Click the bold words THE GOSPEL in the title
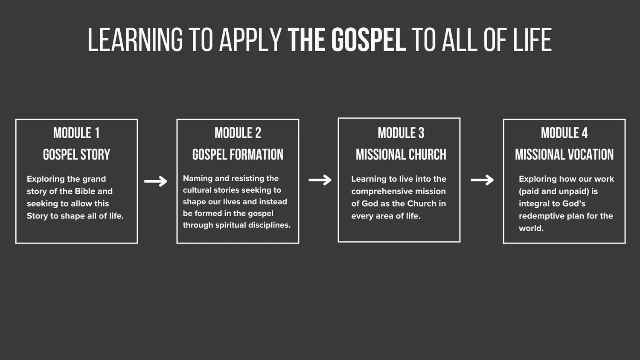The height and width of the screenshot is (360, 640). point(346,40)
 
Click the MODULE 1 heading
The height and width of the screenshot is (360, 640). point(76,133)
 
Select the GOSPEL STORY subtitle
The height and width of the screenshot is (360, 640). point(76,154)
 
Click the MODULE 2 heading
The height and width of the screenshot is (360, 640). point(238,133)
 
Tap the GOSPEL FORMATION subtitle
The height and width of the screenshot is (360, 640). point(238,154)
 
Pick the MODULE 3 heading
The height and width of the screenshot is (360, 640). point(401,133)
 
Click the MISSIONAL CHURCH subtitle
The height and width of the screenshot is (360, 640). point(401,154)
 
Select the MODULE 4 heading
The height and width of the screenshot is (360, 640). point(564,133)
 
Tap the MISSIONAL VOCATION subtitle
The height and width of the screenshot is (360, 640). point(564,154)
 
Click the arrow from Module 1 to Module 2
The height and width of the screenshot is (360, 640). point(156,181)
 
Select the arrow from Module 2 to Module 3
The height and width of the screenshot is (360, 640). point(320,180)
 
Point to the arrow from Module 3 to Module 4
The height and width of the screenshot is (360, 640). point(482,180)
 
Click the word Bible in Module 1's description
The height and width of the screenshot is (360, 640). point(85,191)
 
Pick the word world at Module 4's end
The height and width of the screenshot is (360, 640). point(531,228)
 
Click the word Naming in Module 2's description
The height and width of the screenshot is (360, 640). point(198,178)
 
